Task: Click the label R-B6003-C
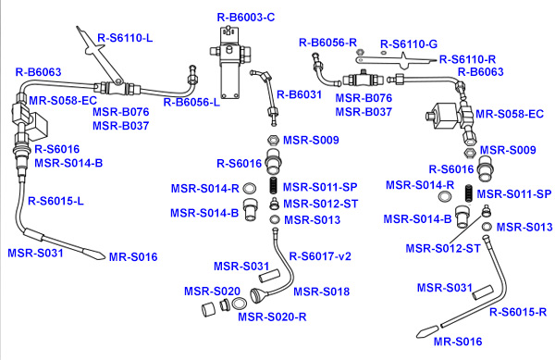click(246, 18)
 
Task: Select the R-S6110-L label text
click(125, 38)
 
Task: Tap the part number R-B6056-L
click(191, 103)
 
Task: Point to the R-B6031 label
click(299, 94)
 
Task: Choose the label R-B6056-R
click(327, 43)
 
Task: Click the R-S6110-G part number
click(409, 44)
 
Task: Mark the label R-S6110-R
click(467, 59)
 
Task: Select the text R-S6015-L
click(55, 201)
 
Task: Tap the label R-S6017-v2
click(320, 256)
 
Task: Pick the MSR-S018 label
click(321, 292)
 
